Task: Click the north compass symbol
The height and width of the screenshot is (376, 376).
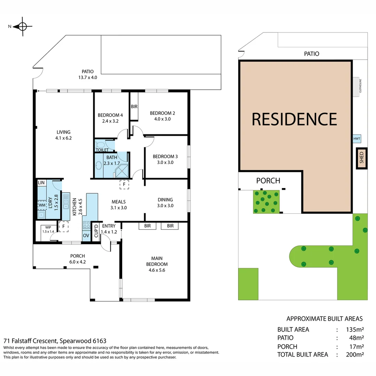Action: pyautogui.click(x=22, y=26)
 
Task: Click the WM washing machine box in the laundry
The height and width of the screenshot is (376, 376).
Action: pyautogui.click(x=41, y=205)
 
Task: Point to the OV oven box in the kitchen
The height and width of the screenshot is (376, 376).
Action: pyautogui.click(x=86, y=235)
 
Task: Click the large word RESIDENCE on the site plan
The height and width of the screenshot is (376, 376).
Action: pyautogui.click(x=294, y=119)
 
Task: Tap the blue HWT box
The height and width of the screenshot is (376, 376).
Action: pyautogui.click(x=357, y=139)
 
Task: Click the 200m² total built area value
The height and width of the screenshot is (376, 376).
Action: pyautogui.click(x=355, y=355)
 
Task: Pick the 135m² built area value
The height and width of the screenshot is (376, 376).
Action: pyautogui.click(x=355, y=330)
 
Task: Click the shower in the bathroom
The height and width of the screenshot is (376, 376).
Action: pyautogui.click(x=122, y=170)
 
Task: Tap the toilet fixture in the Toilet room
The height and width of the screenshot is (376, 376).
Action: pyautogui.click(x=100, y=144)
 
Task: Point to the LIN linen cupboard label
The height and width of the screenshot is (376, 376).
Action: pyautogui.click(x=41, y=182)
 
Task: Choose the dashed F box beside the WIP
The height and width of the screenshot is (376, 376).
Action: pyautogui.click(x=64, y=226)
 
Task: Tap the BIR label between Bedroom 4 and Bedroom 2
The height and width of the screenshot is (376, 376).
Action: pyautogui.click(x=134, y=107)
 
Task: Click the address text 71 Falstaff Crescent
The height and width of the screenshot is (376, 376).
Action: pyautogui.click(x=55, y=341)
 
